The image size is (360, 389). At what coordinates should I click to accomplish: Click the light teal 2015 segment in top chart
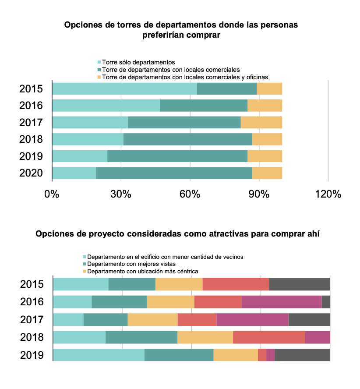pos(124,88)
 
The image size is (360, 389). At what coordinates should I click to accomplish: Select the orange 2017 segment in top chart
pos(261,122)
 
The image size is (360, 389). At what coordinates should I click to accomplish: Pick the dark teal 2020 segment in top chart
pos(174,173)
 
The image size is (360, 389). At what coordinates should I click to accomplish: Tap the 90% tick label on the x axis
pos(259,194)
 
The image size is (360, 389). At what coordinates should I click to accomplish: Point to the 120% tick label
pos(328,194)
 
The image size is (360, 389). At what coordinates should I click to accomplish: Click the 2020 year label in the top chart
pos(31,173)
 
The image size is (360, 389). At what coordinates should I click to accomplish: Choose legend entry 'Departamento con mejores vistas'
pos(131,264)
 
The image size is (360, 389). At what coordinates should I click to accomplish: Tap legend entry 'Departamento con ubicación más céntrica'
pos(143,272)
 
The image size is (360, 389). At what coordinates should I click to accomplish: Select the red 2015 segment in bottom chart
pos(236,284)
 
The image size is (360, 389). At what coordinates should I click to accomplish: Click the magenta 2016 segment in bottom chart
pos(282,302)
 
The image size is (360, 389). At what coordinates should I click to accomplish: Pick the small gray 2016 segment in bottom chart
pos(326,302)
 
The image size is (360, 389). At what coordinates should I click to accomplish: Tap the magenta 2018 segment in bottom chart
pos(318,337)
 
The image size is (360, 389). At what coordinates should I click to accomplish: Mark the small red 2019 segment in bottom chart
pos(262,355)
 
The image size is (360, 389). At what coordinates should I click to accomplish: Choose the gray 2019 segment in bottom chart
pos(303,355)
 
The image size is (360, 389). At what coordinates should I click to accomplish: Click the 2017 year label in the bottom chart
pos(32,320)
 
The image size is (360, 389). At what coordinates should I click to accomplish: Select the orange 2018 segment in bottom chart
pos(205,337)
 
